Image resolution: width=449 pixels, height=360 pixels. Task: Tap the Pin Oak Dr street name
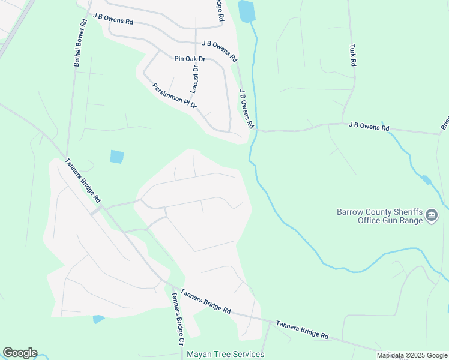(x=190, y=59)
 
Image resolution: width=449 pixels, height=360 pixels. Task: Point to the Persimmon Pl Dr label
(x=175, y=96)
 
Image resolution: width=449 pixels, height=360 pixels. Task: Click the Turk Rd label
(x=354, y=55)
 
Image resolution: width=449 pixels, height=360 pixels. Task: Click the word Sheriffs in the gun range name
(x=405, y=212)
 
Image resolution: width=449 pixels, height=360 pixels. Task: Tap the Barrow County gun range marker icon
(x=432, y=215)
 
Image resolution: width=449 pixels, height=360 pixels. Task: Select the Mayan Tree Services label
(x=225, y=354)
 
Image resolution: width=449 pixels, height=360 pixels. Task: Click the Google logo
(x=20, y=353)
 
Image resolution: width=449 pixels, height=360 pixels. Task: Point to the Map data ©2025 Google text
(x=412, y=355)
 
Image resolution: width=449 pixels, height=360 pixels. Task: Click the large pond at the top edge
(x=246, y=11)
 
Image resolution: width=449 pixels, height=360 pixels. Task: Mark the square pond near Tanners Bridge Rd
(x=117, y=157)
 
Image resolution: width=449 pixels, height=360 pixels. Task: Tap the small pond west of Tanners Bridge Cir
(x=98, y=319)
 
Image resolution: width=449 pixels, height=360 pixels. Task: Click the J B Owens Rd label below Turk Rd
(x=369, y=127)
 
